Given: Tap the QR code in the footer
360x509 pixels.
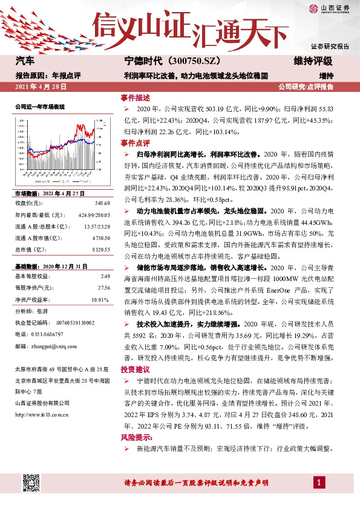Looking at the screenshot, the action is [32, 483].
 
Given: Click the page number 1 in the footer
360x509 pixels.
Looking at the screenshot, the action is [318, 482].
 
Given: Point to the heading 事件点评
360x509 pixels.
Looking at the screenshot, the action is [134, 143].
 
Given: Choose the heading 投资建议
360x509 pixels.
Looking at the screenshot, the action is [134, 368].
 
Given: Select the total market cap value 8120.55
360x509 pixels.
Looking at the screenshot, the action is [101, 249].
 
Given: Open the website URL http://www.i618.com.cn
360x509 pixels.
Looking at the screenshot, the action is [41, 414].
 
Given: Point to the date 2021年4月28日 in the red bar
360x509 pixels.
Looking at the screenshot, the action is [40, 87].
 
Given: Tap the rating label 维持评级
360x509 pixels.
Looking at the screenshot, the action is [313, 62].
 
